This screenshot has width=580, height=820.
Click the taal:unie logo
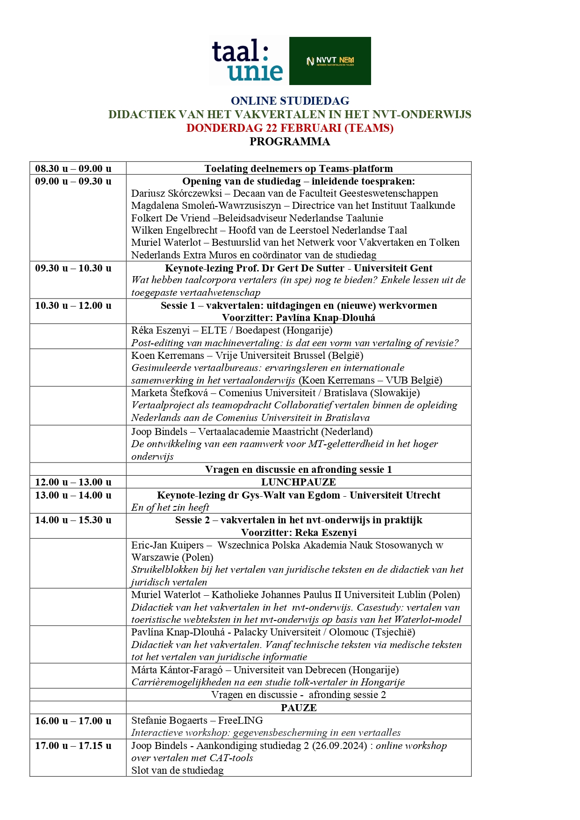pos(248,61)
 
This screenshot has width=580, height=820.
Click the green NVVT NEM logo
pos(330,61)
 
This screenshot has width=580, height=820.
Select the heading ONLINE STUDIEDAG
pos(290,101)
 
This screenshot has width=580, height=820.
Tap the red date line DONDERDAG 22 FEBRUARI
pos(290,128)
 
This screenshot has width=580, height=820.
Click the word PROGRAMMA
pos(290,142)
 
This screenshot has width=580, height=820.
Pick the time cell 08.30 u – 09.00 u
pos(73,169)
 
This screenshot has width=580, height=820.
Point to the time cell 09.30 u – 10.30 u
pos(73,268)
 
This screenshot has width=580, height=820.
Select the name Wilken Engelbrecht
pos(174,230)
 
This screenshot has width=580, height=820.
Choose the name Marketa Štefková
pos(170,393)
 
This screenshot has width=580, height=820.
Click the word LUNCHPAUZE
pos(299,482)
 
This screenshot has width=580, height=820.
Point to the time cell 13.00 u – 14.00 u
pos(73,495)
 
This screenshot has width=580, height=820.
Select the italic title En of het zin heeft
pos(170,507)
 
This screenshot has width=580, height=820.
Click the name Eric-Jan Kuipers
pos(167,545)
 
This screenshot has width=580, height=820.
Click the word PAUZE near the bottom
pos(299,708)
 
